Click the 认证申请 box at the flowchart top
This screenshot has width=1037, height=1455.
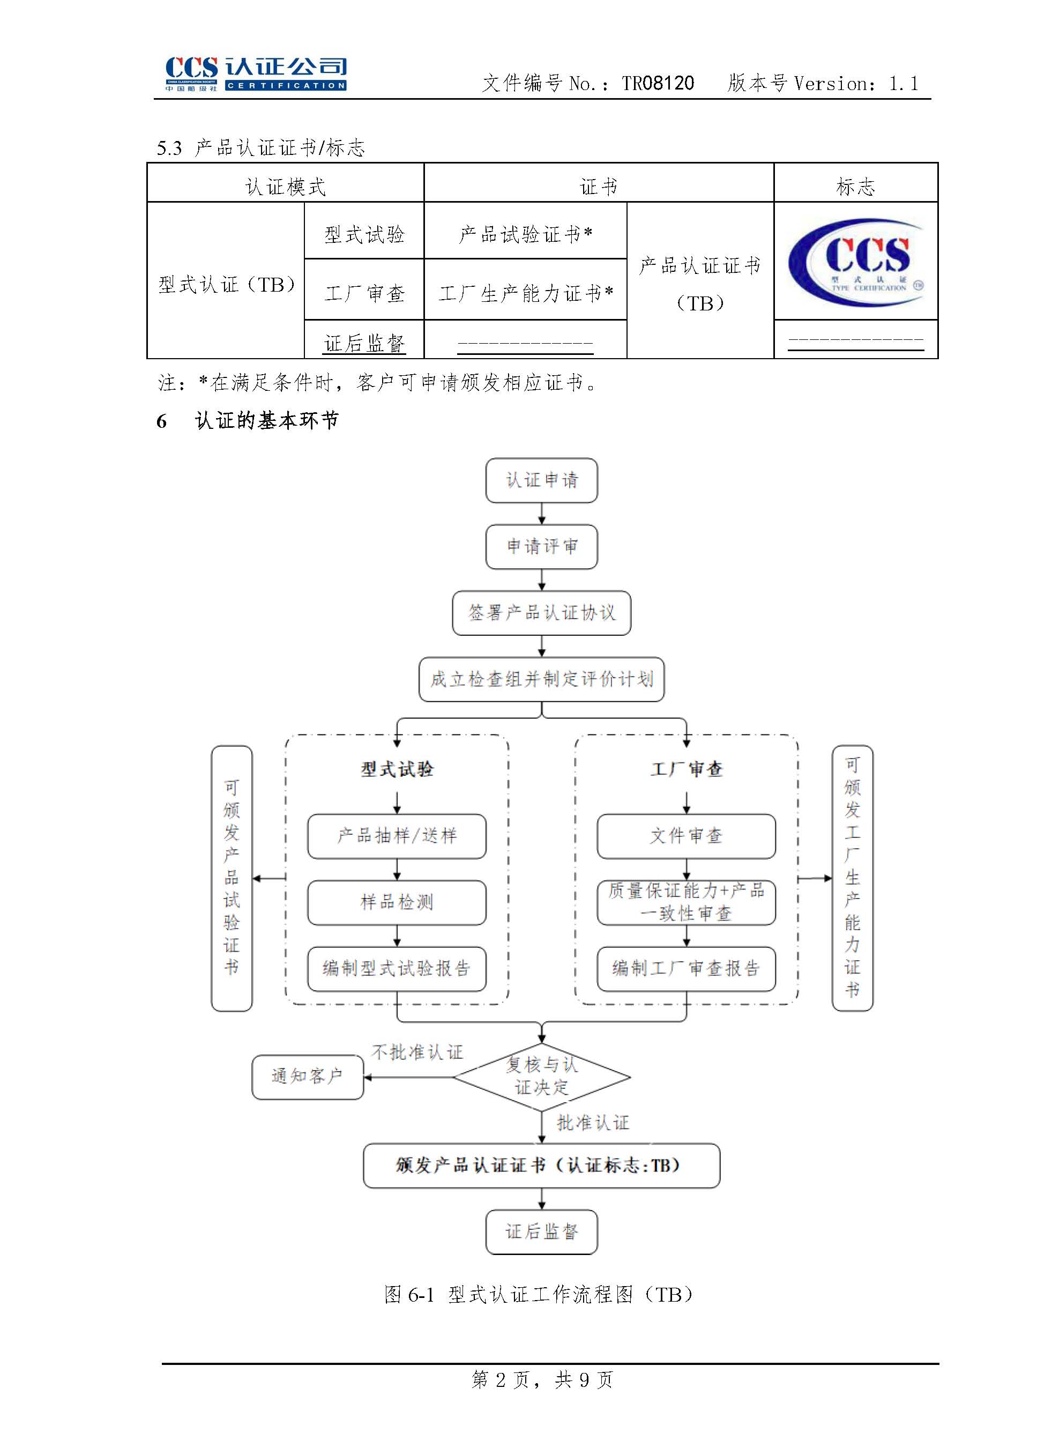[541, 480]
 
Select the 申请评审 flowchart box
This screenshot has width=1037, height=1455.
[541, 546]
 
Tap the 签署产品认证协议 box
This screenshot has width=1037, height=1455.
[541, 613]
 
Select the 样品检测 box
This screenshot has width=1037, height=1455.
[397, 902]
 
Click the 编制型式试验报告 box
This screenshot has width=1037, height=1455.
[397, 968]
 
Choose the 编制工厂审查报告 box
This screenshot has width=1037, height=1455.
[686, 968]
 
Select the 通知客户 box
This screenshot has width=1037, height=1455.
[307, 1077]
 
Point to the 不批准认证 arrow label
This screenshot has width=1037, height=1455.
[417, 1052]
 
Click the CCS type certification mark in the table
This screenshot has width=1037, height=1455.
[856, 262]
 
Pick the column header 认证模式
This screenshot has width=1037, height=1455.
[286, 187]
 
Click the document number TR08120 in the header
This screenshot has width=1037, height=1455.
[658, 83]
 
